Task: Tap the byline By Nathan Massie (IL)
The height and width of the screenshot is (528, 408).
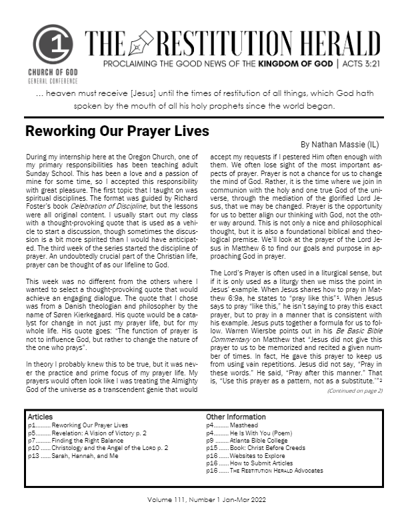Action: [x=341, y=144]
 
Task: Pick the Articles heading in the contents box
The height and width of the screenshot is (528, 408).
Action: [x=41, y=417]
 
